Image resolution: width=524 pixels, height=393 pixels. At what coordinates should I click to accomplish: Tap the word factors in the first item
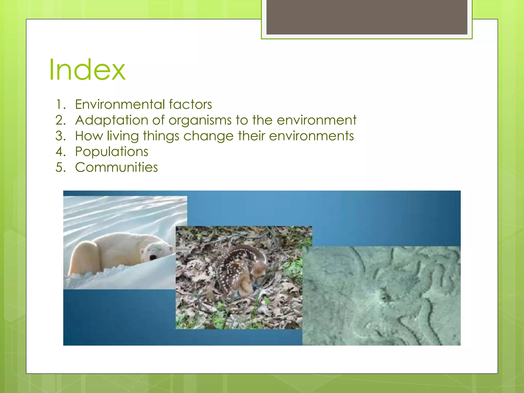point(190,104)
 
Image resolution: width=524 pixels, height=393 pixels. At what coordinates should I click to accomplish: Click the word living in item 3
point(123,136)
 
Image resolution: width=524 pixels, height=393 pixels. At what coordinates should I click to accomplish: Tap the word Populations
point(112,152)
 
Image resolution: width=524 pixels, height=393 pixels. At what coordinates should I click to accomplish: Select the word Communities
point(116,167)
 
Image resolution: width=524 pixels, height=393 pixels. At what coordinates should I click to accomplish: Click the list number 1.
point(60,104)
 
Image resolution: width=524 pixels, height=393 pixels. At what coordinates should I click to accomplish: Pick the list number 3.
point(60,136)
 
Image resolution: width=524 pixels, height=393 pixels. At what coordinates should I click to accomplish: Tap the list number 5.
point(60,167)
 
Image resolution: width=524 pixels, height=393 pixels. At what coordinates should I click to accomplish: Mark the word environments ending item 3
point(311,136)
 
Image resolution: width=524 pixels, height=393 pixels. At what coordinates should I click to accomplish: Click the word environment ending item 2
point(316,120)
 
